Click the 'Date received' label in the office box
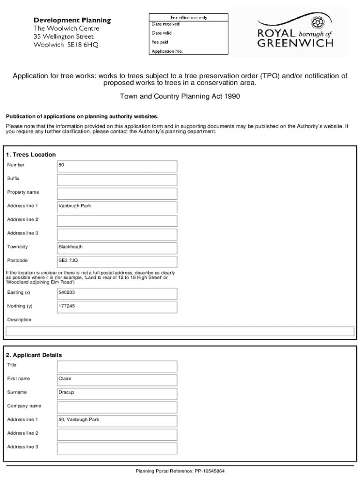tap(166, 24)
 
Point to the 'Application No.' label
tap(167, 51)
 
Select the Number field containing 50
tap(117, 166)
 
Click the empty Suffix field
tap(117, 180)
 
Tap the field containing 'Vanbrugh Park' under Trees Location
tap(117, 207)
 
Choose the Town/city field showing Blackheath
tap(117, 248)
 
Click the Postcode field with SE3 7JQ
tap(117, 261)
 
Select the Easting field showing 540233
tap(117, 293)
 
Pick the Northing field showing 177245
tap(117, 307)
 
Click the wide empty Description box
tap(180, 331)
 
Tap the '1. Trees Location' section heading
tap(30, 154)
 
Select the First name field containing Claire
tap(117, 380)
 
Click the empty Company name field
tap(117, 407)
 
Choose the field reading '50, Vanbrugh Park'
tap(117, 421)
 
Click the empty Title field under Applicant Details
tap(117, 366)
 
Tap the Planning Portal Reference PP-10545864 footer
tap(180, 471)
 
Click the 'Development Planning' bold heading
tap(72, 21)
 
